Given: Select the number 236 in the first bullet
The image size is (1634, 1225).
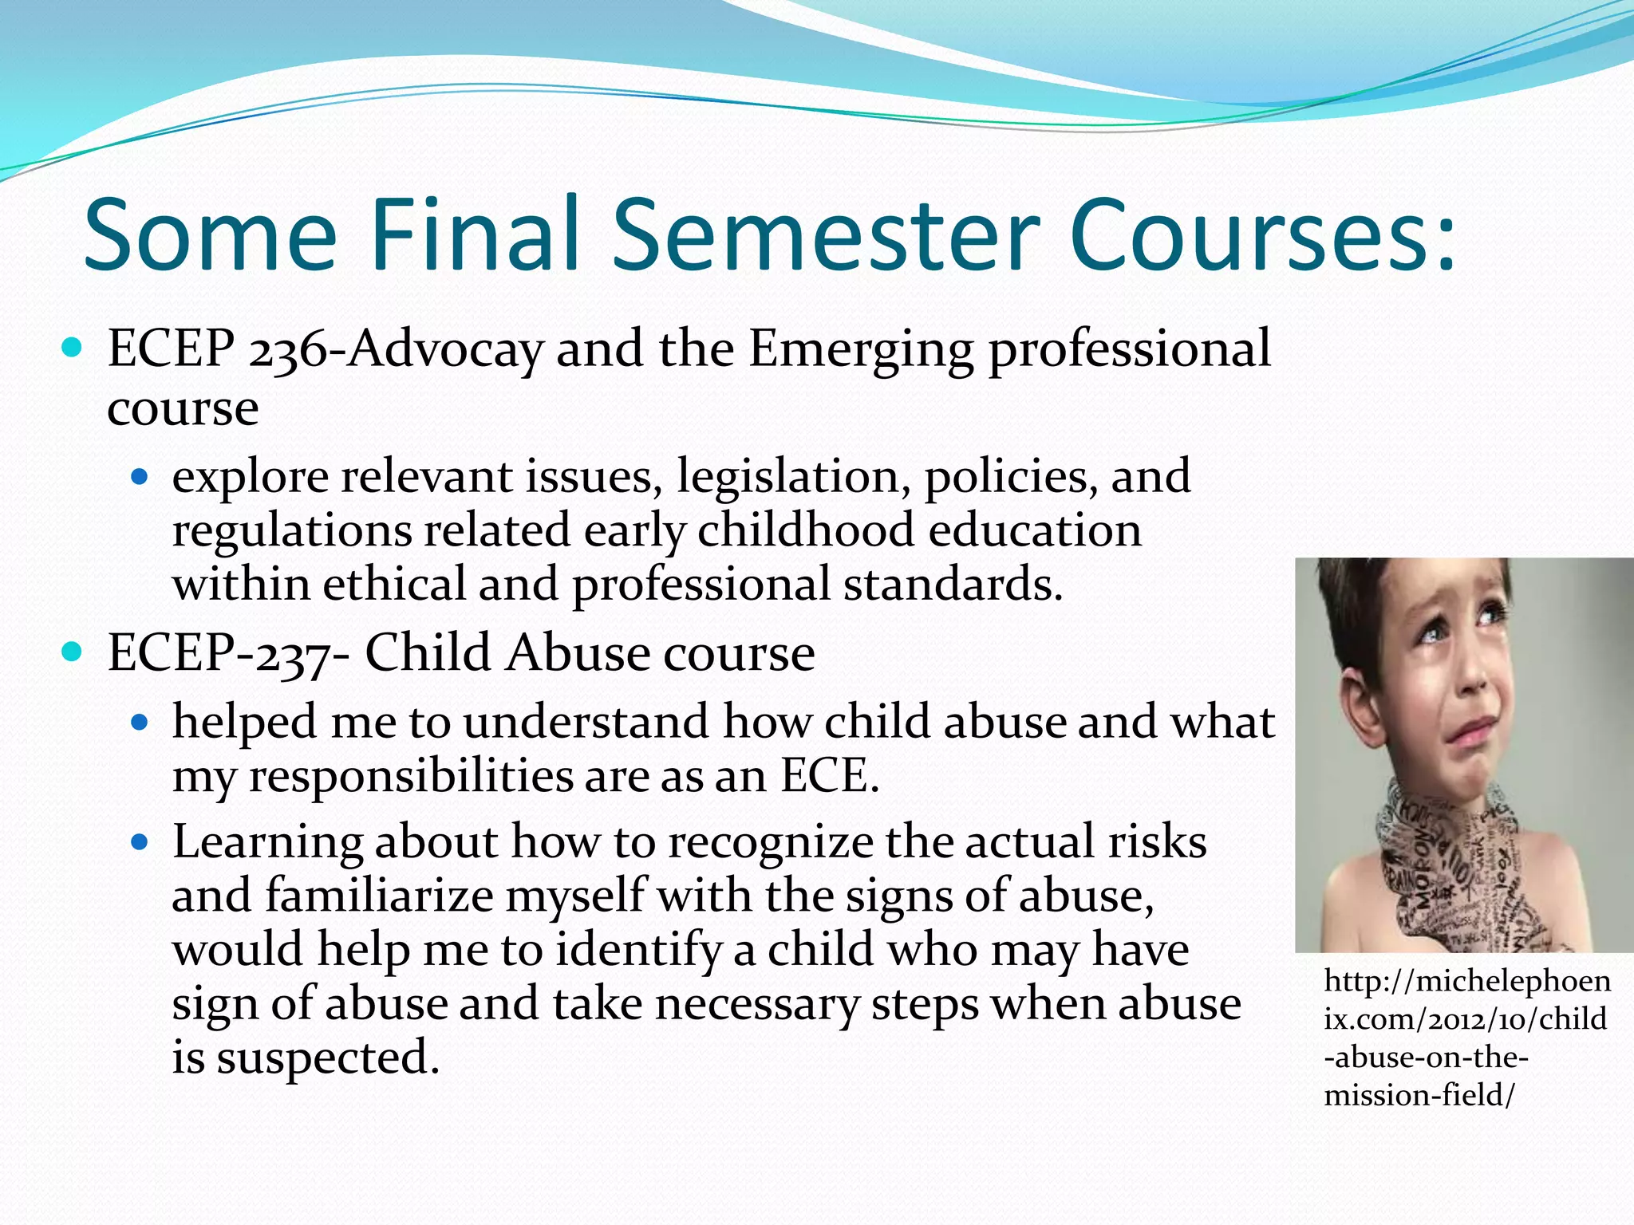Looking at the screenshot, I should click(x=287, y=351).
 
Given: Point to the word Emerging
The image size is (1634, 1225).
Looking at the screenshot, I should click(x=861, y=351).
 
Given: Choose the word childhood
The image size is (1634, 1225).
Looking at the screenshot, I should click(x=806, y=531).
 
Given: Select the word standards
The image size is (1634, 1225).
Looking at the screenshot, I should click(x=953, y=585).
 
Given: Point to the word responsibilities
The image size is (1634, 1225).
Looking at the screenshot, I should click(x=410, y=777).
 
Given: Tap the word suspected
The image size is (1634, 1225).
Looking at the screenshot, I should click(x=327, y=1059).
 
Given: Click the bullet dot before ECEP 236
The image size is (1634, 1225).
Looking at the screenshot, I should click(x=72, y=348).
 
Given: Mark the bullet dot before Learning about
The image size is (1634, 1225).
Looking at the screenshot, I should click(x=140, y=842).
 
